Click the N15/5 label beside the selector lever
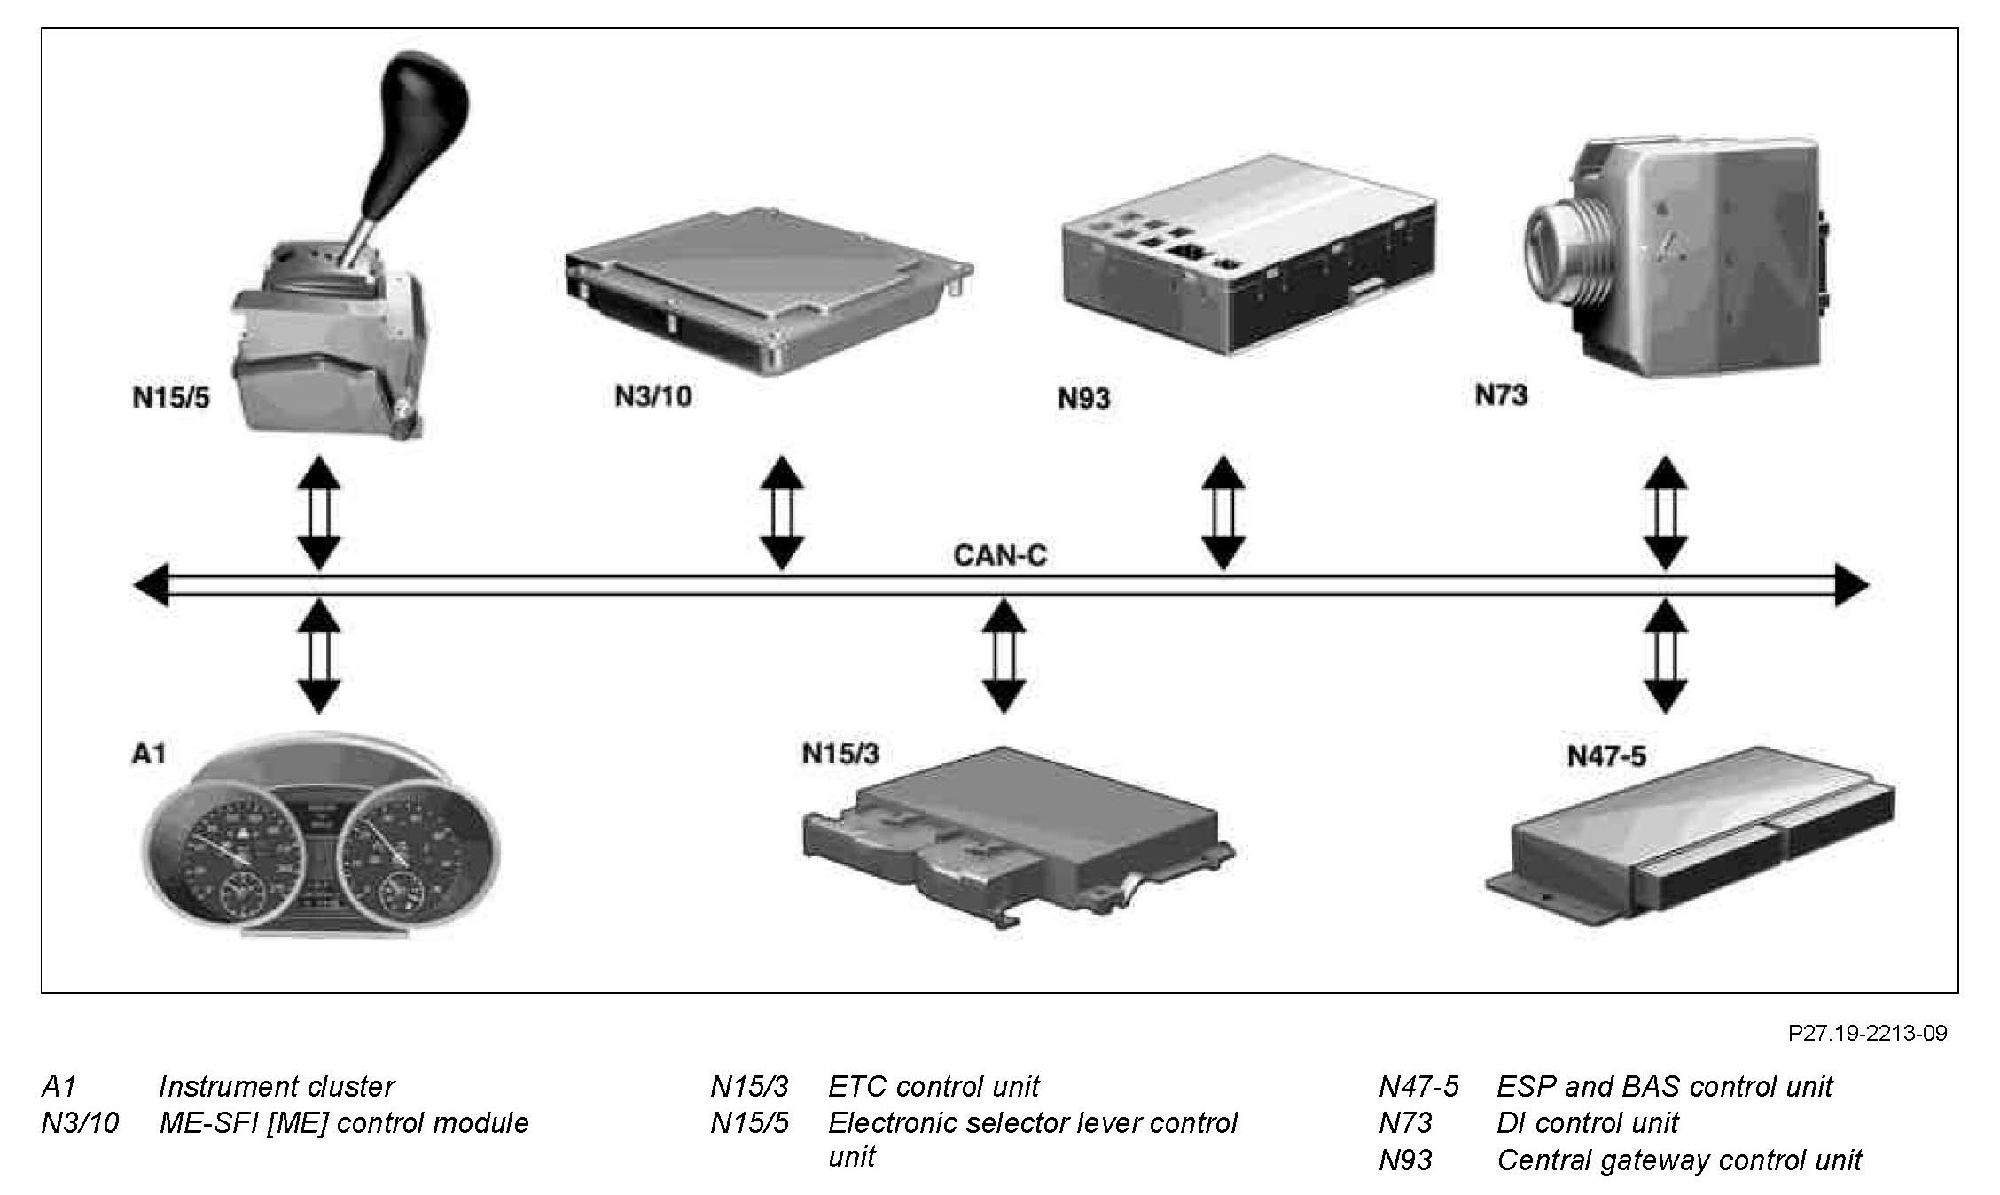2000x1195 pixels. coord(171,397)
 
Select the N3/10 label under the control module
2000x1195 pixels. coord(653,395)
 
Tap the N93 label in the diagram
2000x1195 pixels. coord(1083,398)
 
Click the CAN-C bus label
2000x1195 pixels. coord(1000,556)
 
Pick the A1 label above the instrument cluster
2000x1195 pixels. coord(148,754)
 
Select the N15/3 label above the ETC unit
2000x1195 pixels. coord(840,754)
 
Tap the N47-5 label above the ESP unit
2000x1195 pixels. coord(1605,755)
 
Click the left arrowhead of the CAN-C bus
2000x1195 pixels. coord(151,586)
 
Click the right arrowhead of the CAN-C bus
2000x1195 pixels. coord(1851,586)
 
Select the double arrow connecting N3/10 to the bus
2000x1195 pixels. coord(782,513)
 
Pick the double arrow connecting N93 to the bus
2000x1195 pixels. coord(1223,513)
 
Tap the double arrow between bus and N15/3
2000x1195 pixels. coord(1004,656)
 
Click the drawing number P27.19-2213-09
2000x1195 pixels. coord(1867,1034)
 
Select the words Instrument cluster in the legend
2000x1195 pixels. coord(277,1086)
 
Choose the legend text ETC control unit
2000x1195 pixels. coord(934,1086)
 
